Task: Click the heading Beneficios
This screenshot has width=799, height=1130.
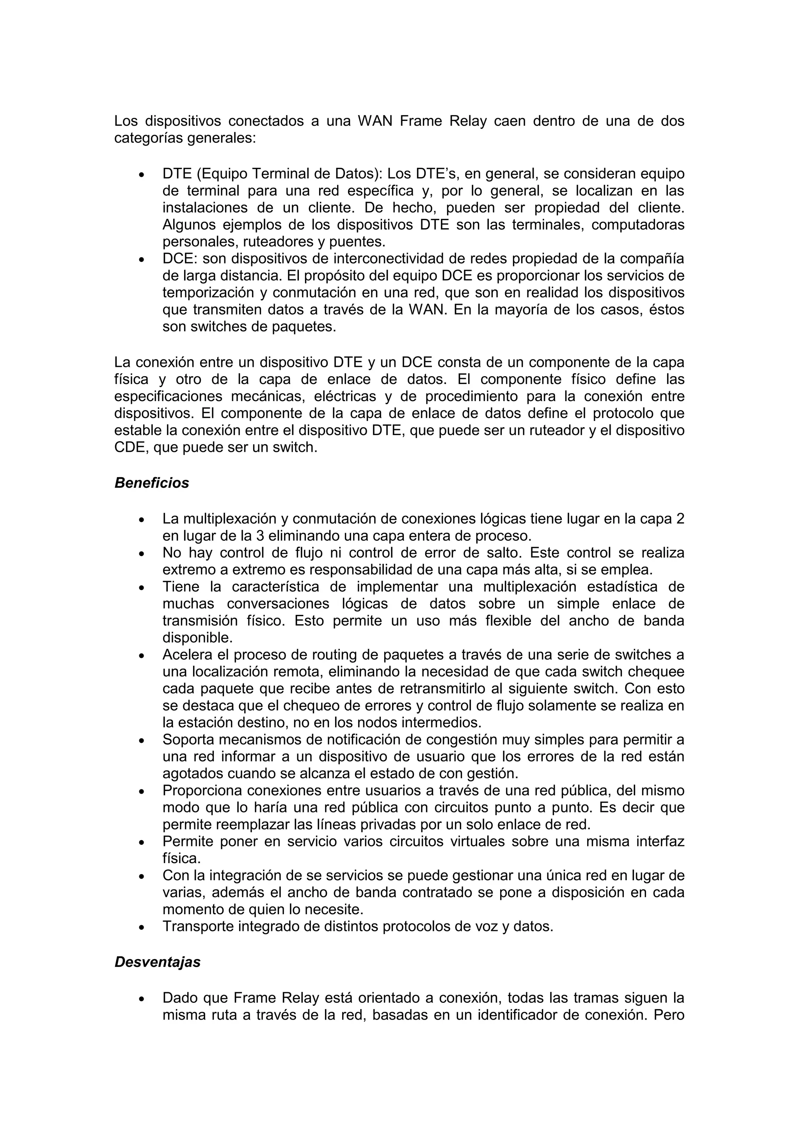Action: click(151, 483)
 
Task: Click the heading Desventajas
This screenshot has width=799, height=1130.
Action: click(158, 962)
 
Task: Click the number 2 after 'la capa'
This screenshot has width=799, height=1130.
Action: click(680, 519)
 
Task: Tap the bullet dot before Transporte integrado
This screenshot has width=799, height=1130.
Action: click(142, 927)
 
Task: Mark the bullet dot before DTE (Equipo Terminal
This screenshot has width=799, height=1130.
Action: click(142, 175)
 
